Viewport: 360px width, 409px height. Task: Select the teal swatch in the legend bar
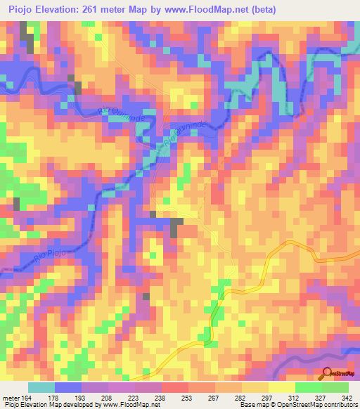41,388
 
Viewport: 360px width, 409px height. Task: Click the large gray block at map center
175,226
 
